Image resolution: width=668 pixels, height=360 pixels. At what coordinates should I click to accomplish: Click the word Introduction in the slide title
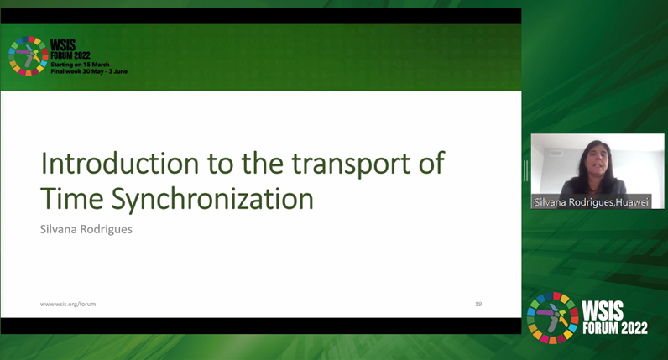(x=120, y=163)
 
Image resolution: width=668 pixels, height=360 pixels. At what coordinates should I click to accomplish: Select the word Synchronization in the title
(x=212, y=200)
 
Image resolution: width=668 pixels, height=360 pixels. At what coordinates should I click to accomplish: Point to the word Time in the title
(x=72, y=199)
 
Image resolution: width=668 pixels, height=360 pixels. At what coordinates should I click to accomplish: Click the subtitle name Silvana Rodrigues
(x=86, y=229)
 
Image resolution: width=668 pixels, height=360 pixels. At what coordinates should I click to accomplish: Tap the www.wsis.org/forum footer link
(x=68, y=304)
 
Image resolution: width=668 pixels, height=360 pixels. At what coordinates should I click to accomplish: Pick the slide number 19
(x=478, y=304)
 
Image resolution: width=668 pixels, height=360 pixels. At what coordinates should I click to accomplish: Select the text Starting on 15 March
(x=80, y=65)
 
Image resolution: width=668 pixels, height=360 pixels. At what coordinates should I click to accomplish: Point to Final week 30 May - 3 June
(x=89, y=71)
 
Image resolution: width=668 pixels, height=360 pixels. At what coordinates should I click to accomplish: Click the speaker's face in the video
(x=597, y=161)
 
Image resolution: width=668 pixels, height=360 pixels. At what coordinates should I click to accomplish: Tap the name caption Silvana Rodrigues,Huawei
(x=592, y=202)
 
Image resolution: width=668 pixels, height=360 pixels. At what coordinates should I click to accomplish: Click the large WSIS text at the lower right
(x=603, y=311)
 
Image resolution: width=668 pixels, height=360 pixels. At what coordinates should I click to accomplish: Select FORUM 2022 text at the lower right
(x=615, y=328)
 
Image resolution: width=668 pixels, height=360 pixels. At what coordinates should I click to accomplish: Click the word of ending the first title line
(x=431, y=163)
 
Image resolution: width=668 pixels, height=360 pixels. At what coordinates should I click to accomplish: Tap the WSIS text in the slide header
(x=63, y=45)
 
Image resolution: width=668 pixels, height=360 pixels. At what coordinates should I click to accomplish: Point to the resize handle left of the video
(x=526, y=171)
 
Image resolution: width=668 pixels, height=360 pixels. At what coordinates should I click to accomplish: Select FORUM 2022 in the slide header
(x=70, y=56)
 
